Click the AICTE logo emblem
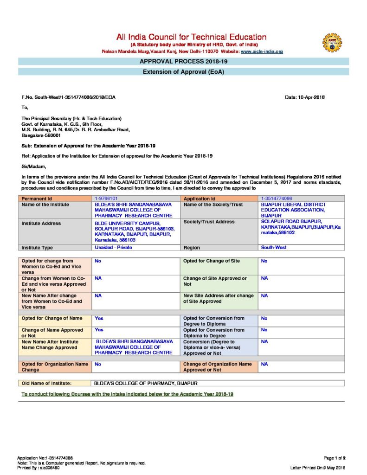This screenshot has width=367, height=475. click(332, 42)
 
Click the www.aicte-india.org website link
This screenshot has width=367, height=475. click(262, 51)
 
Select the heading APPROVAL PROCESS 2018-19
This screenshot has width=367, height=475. click(184, 61)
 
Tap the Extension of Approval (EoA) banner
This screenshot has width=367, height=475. click(184, 72)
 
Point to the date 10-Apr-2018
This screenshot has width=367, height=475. click(305, 97)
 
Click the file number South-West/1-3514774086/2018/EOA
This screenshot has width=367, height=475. click(69, 97)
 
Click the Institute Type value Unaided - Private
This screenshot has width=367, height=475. click(113, 247)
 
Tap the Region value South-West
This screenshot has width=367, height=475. click(274, 247)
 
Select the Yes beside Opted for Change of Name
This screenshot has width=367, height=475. click(99, 318)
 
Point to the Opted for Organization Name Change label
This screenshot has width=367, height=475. click(55, 367)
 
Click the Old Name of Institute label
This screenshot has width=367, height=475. click(46, 383)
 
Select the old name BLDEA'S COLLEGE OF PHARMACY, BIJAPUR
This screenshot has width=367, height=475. click(146, 383)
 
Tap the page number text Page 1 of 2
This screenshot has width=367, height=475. click(332, 457)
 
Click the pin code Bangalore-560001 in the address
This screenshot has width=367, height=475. click(41, 135)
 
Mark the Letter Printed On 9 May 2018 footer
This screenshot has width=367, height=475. click(318, 468)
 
